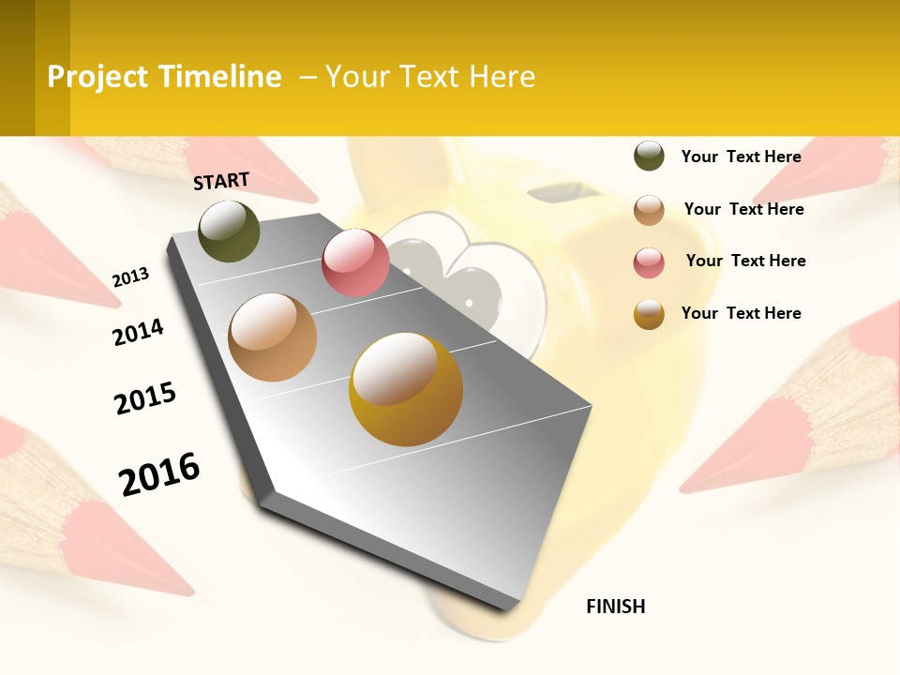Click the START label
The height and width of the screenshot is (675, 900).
point(221,181)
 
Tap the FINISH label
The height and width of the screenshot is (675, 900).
point(615,607)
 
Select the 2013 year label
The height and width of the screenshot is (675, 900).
point(130,277)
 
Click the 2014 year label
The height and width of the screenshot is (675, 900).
point(138,332)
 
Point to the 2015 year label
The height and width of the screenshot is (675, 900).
point(145,398)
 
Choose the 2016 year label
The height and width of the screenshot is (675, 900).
point(159,474)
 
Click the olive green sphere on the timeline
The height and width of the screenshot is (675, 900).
point(230,231)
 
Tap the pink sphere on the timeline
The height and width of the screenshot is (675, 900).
point(355,262)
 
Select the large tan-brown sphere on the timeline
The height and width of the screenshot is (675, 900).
point(272,337)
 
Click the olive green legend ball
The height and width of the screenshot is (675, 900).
point(649,156)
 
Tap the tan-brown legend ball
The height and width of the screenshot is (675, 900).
point(649,210)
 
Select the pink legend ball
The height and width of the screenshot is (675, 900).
point(649,262)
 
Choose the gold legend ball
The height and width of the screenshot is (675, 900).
point(649,314)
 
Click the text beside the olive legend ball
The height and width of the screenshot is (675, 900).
point(741,157)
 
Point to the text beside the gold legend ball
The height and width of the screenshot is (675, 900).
point(741,313)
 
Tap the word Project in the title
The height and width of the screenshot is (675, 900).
point(97,77)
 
